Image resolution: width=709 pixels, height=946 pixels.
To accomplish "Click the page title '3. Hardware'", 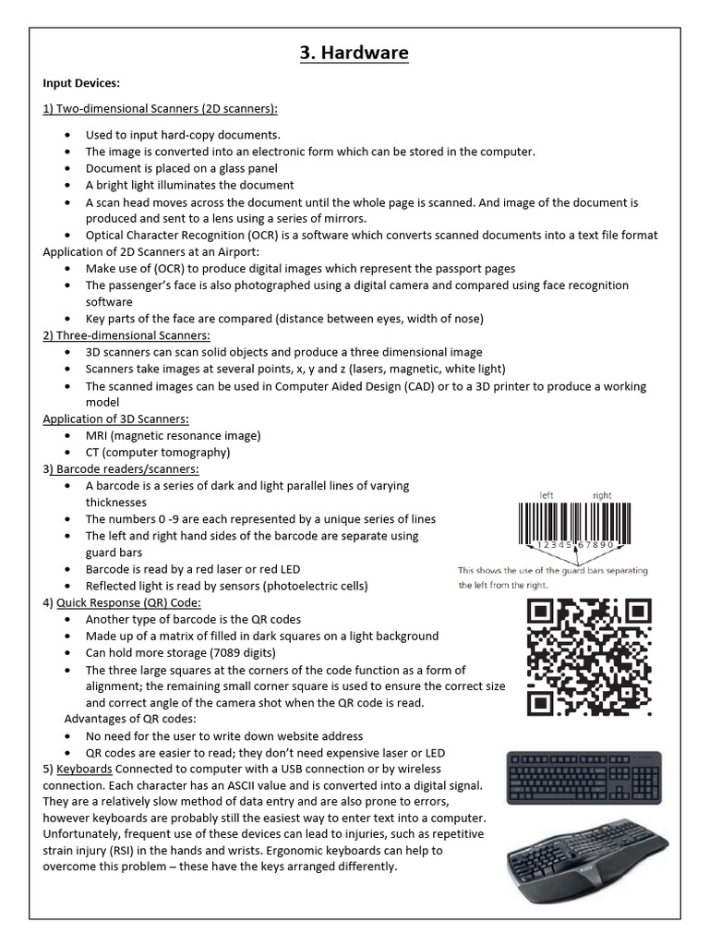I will pyautogui.click(x=354, y=54).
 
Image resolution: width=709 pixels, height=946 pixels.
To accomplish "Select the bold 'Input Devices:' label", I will pyautogui.click(x=81, y=83).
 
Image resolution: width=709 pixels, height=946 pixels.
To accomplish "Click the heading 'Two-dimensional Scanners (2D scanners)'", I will pyautogui.click(x=166, y=109).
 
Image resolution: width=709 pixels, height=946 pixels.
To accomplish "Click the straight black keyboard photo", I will pyautogui.click(x=583, y=778).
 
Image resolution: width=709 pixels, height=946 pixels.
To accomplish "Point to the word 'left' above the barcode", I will pyautogui.click(x=547, y=496).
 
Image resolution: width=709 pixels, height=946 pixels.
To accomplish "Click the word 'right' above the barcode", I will pyautogui.click(x=602, y=496).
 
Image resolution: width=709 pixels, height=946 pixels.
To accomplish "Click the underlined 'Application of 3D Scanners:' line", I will pyautogui.click(x=115, y=419).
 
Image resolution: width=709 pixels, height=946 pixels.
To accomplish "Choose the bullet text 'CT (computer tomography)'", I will pyautogui.click(x=158, y=453).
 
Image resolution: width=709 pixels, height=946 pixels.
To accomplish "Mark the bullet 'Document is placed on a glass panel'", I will pyautogui.click(x=182, y=168).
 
